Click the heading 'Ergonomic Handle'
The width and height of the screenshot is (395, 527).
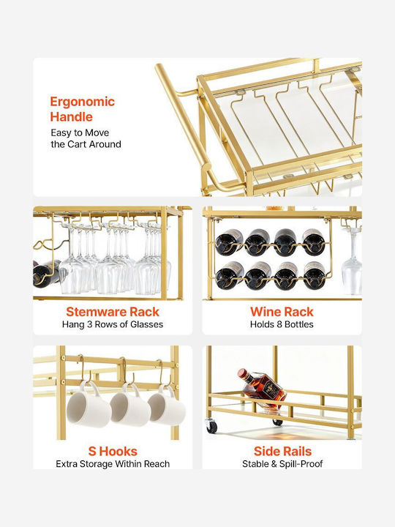pyautogui.click(x=82, y=109)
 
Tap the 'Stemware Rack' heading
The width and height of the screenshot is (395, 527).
pyautogui.click(x=113, y=312)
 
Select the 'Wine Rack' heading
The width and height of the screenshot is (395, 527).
pyautogui.click(x=282, y=312)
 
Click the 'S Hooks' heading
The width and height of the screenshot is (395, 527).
pyautogui.click(x=113, y=451)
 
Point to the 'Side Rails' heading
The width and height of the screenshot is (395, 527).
pyautogui.click(x=282, y=451)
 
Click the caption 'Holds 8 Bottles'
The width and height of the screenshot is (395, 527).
pyautogui.click(x=282, y=324)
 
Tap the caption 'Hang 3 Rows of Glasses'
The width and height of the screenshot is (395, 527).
pyautogui.click(x=113, y=324)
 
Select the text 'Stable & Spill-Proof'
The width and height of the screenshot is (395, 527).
pyautogui.click(x=282, y=464)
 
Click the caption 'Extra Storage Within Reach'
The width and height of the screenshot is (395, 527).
pyautogui.click(x=113, y=464)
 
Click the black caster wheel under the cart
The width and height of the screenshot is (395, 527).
pyautogui.click(x=211, y=425)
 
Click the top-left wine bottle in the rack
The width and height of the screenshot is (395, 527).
pyautogui.click(x=229, y=242)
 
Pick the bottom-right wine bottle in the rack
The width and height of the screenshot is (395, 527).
pyautogui.click(x=315, y=275)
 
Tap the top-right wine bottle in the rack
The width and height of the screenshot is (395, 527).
pyautogui.click(x=313, y=242)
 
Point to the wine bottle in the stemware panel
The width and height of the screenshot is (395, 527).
pyautogui.click(x=47, y=273)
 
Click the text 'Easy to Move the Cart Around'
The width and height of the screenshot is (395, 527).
pyautogui.click(x=86, y=138)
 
